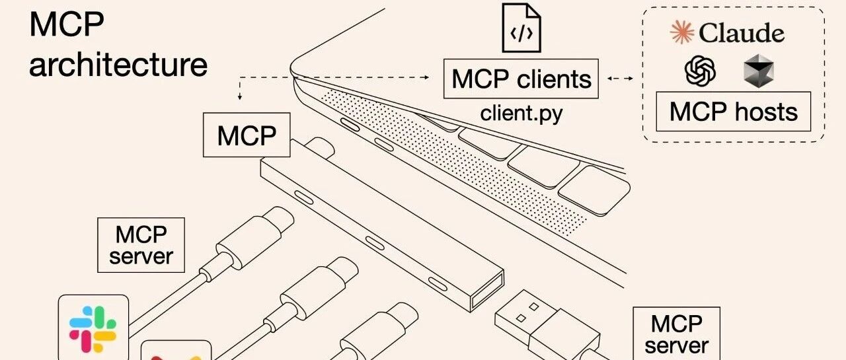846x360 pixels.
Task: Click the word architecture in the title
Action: point(118,65)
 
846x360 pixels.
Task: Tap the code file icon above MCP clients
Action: point(521,28)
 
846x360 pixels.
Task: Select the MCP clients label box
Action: point(521,79)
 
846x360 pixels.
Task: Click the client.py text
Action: point(521,113)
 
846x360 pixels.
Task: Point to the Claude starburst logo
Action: point(681,32)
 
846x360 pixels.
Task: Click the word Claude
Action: point(742,33)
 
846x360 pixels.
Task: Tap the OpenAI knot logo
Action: point(700,71)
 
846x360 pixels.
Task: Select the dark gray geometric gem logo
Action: point(758,71)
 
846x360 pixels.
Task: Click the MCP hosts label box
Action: point(734,112)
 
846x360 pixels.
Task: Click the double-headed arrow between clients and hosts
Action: point(620,79)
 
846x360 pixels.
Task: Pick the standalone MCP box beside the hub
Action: point(247,135)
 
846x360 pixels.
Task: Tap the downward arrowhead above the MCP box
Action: point(239,97)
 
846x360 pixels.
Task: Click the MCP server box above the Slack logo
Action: point(141,245)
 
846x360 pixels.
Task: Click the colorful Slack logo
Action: point(93,329)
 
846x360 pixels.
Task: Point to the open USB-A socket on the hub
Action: point(487,291)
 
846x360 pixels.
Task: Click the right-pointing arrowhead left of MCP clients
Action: point(426,77)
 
